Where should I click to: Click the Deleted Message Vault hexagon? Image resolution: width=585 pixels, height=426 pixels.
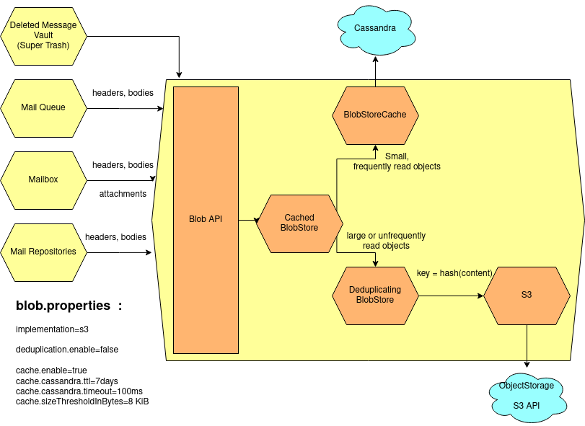44,35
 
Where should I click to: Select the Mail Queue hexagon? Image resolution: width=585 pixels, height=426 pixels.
43,107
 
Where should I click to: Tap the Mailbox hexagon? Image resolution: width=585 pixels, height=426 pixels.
43,179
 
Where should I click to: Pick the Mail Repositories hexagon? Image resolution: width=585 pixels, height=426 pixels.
43,252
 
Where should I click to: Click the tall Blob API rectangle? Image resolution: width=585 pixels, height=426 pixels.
206,219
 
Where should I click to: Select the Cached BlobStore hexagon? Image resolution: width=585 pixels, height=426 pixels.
299,223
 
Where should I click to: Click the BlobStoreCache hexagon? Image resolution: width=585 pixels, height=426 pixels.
374,115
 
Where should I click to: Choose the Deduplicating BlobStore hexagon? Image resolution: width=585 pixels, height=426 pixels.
374,295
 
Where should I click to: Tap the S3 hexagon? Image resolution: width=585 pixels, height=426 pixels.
526,295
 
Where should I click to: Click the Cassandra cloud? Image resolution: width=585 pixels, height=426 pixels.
374,30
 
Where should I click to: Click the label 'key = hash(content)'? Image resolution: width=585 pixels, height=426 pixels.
454,272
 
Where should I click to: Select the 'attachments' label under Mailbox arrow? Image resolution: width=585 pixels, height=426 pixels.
123,194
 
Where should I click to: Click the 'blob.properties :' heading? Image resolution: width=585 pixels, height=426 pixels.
69,306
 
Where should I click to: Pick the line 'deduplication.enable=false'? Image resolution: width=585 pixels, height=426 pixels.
67,350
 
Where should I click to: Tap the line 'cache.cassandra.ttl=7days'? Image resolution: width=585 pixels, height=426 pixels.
66,381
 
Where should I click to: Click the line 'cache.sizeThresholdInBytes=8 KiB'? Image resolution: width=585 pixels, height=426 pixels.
82,401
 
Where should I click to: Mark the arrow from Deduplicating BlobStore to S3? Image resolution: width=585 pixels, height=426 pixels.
450,296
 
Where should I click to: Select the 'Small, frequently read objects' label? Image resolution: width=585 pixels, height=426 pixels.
396,161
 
